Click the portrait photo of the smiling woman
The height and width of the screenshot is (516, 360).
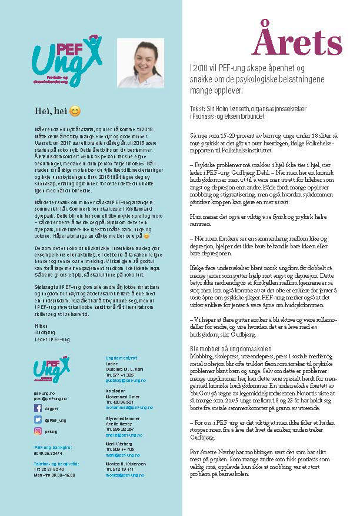[x=141, y=62]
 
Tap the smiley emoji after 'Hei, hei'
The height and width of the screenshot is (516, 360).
[x=75, y=111]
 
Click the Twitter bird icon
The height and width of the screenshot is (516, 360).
[x=38, y=419]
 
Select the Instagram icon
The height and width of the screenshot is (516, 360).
[x=38, y=431]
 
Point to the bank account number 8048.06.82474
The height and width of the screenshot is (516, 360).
[x=48, y=453]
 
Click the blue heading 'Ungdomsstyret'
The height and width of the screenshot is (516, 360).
[x=121, y=357]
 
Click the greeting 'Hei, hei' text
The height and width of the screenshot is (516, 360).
[x=49, y=111]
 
